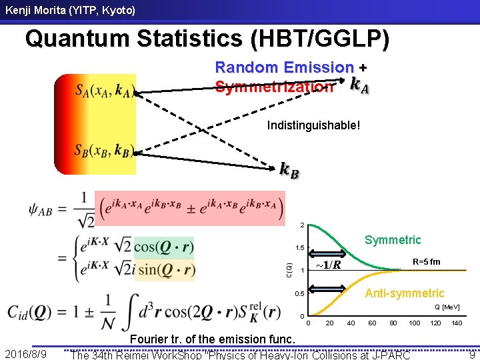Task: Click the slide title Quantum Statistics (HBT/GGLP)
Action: pos(207,39)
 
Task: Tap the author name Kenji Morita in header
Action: pos(68,11)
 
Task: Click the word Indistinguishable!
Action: pos(313,125)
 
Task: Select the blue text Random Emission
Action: pos(285,67)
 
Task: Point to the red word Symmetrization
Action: pos(274,87)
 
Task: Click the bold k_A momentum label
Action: pos(361,85)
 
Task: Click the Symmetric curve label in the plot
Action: pos(393,239)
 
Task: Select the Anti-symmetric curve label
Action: pos(405,293)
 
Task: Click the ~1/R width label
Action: pos(328,265)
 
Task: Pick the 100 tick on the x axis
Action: pos(415,323)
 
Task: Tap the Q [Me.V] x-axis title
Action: pos(447,307)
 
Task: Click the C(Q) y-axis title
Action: pos(289,270)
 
